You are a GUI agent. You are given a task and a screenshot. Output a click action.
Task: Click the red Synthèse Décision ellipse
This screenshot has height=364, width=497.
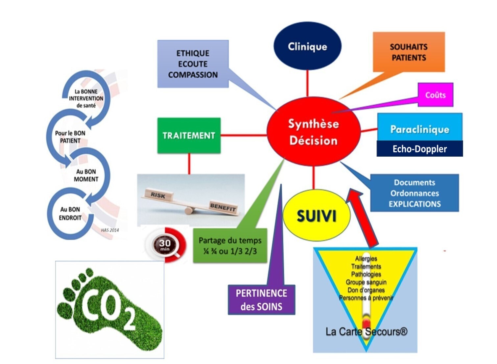click(313, 132)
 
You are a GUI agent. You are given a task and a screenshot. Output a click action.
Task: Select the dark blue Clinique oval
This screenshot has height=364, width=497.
click(307, 46)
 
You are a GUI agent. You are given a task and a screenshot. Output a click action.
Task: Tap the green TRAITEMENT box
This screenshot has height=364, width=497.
click(189, 136)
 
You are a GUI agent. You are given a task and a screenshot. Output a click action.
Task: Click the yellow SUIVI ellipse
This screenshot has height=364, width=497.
click(316, 216)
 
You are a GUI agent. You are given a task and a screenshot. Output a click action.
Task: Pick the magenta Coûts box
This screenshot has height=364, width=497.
click(435, 95)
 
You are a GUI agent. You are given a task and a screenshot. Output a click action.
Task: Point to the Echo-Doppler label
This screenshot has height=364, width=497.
click(419, 149)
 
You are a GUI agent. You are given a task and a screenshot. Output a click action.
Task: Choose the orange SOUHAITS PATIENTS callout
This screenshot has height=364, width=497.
click(409, 52)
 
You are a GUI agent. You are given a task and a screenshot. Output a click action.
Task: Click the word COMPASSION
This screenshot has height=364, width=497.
click(193, 75)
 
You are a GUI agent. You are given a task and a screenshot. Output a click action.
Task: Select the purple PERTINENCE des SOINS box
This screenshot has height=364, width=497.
click(261, 300)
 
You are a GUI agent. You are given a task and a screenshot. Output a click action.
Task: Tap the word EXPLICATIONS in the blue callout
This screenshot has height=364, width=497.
click(414, 204)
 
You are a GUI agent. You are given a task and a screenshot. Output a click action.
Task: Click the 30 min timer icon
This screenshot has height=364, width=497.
click(165, 245)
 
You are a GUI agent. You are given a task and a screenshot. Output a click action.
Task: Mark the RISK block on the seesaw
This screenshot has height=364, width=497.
click(158, 195)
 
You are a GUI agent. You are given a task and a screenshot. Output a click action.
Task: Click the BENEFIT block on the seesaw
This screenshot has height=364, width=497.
click(223, 207)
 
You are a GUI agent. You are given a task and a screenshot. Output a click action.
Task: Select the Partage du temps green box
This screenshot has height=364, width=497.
click(230, 246)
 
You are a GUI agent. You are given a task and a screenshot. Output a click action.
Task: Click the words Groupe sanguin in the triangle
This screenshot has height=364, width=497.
click(366, 282)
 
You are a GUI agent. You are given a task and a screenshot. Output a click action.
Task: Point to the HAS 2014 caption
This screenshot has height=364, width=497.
click(110, 230)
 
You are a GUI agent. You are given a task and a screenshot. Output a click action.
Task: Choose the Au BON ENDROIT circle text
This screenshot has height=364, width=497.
click(70, 214)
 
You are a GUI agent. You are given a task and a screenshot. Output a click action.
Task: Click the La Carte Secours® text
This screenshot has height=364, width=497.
click(366, 331)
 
